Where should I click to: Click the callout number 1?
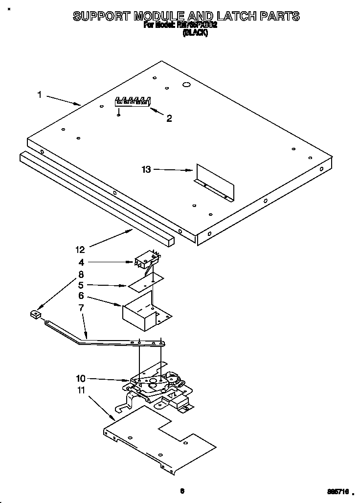(39, 94)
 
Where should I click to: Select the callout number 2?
(169, 118)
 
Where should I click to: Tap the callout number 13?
(146, 170)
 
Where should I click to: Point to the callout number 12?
(81, 250)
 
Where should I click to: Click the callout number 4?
(81, 263)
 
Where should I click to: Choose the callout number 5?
(81, 285)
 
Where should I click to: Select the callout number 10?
(81, 378)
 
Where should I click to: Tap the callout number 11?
(81, 390)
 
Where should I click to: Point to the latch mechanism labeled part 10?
(157, 384)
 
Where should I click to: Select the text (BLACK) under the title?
(195, 33)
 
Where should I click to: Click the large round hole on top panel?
(186, 85)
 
